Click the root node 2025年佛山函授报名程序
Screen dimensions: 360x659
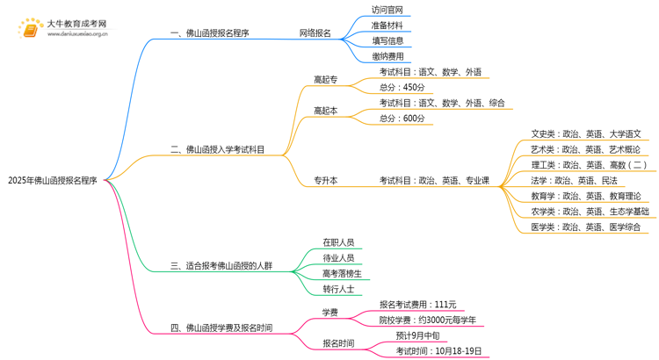pyautogui.click(x=53, y=181)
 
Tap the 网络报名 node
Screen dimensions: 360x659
pyautogui.click(x=315, y=33)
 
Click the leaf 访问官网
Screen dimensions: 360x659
pyautogui.click(x=387, y=11)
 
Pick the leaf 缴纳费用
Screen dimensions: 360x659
pyautogui.click(x=387, y=56)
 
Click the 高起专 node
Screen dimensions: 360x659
pyautogui.click(x=325, y=80)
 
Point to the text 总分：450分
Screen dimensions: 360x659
pyautogui.click(x=402, y=88)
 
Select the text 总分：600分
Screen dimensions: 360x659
pyautogui.click(x=402, y=119)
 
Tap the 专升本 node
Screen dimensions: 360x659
pyautogui.click(x=325, y=181)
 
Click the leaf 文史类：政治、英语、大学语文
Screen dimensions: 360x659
pyautogui.click(x=586, y=134)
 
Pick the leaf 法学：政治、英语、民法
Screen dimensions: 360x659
pyautogui.click(x=574, y=180)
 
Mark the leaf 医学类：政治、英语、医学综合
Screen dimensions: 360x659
pyautogui.click(x=586, y=227)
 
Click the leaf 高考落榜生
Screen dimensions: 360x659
pyautogui.click(x=341, y=273)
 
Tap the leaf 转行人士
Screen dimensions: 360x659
pyautogui.click(x=338, y=289)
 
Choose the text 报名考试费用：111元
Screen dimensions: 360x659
pyautogui.click(x=417, y=305)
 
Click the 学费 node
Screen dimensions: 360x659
pyautogui.click(x=329, y=312)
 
